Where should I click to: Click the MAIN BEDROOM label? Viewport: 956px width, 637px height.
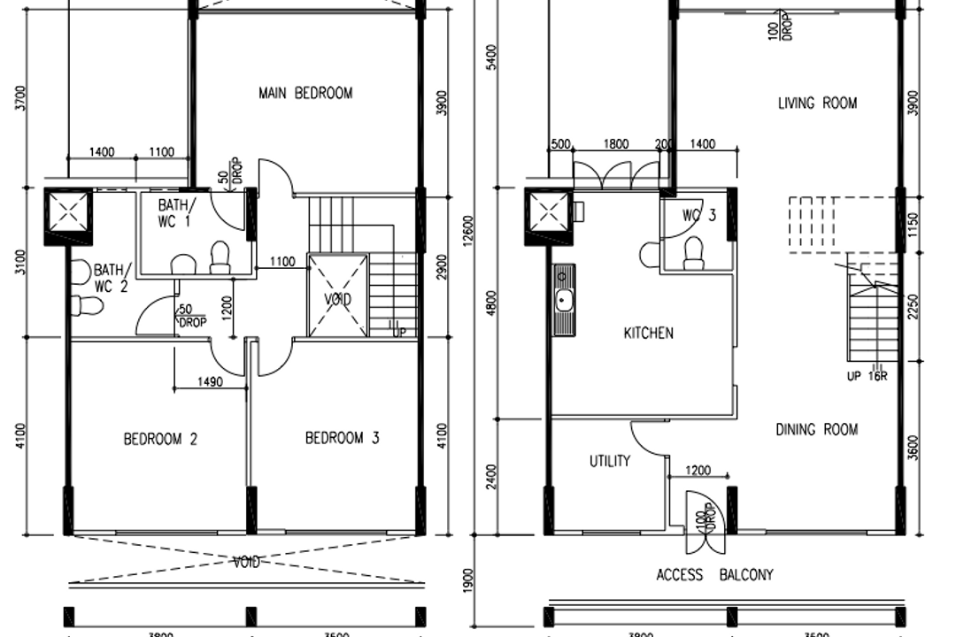[x=305, y=93]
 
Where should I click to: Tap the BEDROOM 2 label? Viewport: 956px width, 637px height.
[x=159, y=439]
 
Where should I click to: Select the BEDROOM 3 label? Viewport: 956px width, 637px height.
[x=342, y=438]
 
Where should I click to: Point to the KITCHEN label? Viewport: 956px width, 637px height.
[x=648, y=334]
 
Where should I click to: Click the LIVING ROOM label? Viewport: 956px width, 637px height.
[x=817, y=104]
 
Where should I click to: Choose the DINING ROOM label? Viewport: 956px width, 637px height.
[x=816, y=430]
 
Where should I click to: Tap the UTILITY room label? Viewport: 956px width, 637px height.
[x=610, y=461]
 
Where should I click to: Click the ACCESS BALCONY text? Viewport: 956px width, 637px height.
[x=714, y=575]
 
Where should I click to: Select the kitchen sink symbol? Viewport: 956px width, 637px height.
[x=562, y=301]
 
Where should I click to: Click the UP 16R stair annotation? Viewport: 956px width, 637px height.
[x=867, y=374]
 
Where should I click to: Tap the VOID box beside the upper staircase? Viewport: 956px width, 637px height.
[x=336, y=295]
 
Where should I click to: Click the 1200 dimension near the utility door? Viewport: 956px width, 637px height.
[x=697, y=471]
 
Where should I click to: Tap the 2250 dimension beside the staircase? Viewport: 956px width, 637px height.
[x=914, y=308]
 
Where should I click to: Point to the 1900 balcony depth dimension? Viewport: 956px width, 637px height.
[x=468, y=584]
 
